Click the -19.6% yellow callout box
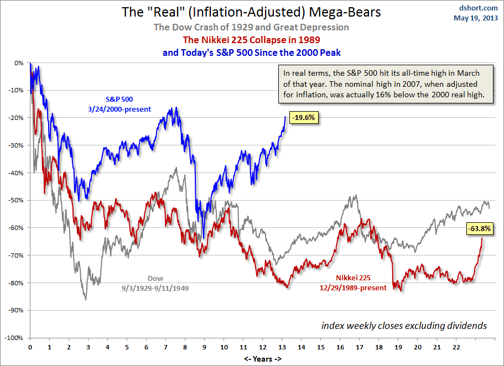click(x=304, y=117)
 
